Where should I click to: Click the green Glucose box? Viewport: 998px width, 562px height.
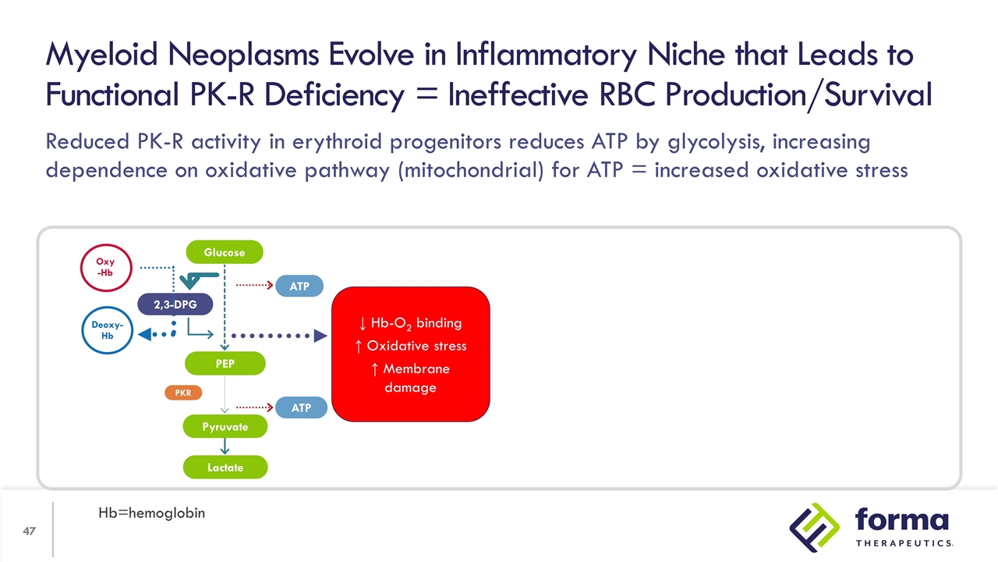click(x=225, y=252)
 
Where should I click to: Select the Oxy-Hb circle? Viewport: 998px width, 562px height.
click(x=105, y=268)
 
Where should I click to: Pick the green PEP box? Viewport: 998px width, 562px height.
click(x=225, y=363)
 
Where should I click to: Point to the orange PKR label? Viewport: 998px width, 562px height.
click(x=183, y=393)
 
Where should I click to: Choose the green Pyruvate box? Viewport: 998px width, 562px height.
click(x=225, y=427)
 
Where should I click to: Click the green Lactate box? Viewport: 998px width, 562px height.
click(x=225, y=468)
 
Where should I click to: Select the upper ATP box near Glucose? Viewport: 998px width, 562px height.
click(x=299, y=286)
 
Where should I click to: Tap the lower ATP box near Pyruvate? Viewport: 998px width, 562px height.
click(x=301, y=407)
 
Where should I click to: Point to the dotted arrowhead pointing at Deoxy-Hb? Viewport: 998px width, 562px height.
click(x=145, y=335)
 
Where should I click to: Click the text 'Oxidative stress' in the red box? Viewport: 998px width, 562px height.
click(x=416, y=346)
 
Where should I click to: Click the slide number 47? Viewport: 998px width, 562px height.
click(x=29, y=532)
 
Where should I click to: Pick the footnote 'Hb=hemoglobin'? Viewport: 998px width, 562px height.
click(x=151, y=513)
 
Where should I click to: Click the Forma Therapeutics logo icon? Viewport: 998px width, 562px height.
click(x=815, y=527)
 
